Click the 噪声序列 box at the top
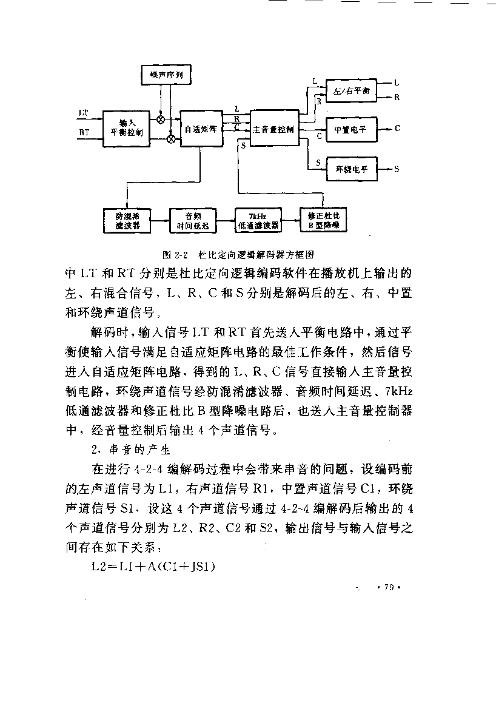(166, 75)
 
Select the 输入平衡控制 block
(126, 129)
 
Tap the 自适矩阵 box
(201, 129)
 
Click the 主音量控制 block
(275, 128)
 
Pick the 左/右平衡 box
(352, 90)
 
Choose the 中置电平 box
(352, 129)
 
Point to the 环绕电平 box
(352, 169)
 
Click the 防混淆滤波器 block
(127, 221)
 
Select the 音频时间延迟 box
(193, 221)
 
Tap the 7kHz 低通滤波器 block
(258, 220)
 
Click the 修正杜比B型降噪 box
(324, 220)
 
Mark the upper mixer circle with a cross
(161, 120)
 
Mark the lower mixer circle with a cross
(171, 139)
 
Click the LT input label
(84, 113)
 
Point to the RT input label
(84, 132)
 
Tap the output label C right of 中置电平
(397, 129)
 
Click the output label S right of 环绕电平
(397, 169)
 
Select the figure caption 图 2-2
(238, 255)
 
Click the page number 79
(389, 587)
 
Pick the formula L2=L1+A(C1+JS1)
(153, 567)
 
